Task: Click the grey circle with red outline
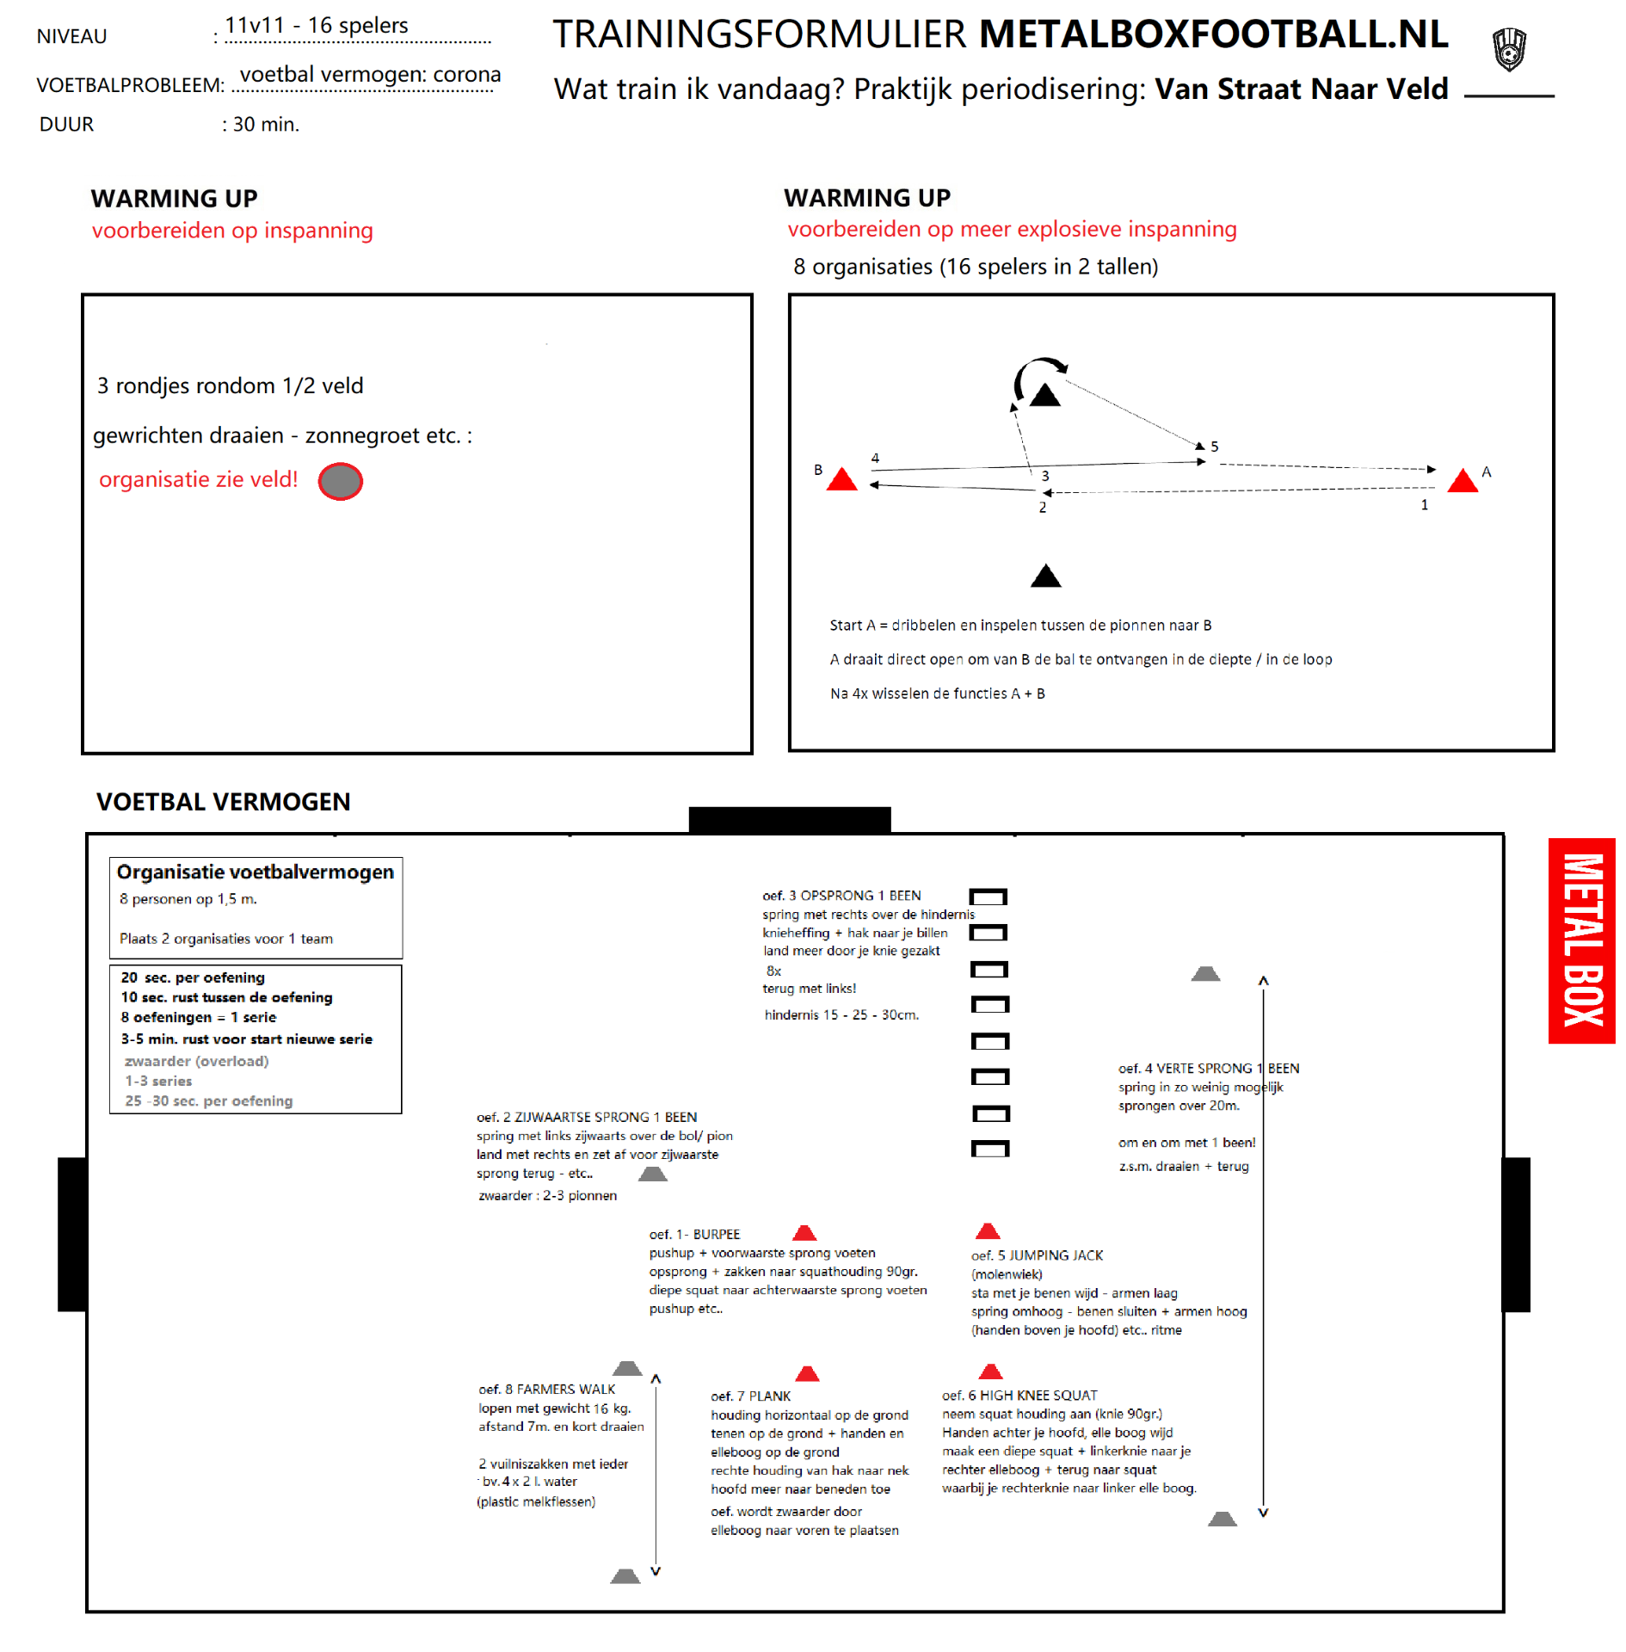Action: coord(340,481)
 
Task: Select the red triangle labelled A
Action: coord(1462,480)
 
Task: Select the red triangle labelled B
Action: coord(841,480)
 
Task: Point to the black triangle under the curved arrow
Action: coord(1044,395)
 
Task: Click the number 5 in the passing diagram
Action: coord(1214,447)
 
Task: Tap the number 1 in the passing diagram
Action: coord(1424,505)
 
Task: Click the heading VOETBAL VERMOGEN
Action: coord(223,802)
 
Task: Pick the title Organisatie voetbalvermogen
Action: coord(255,872)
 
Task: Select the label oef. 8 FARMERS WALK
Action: coord(546,1389)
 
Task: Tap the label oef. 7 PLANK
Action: coord(749,1396)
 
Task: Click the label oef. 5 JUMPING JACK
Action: coord(1036,1255)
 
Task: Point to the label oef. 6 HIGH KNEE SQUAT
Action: coord(1019,1395)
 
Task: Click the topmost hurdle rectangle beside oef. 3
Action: coord(988,897)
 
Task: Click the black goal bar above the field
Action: coord(789,819)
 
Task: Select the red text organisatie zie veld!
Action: coord(198,479)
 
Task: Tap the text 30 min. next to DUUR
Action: coord(266,125)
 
